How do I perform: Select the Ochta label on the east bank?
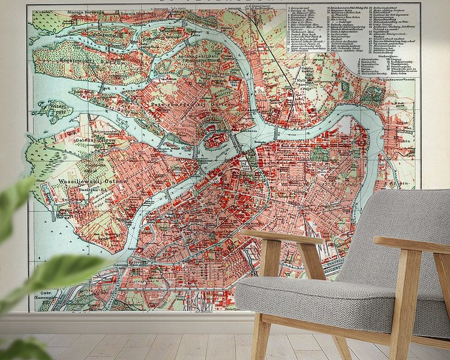coord(406,137)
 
